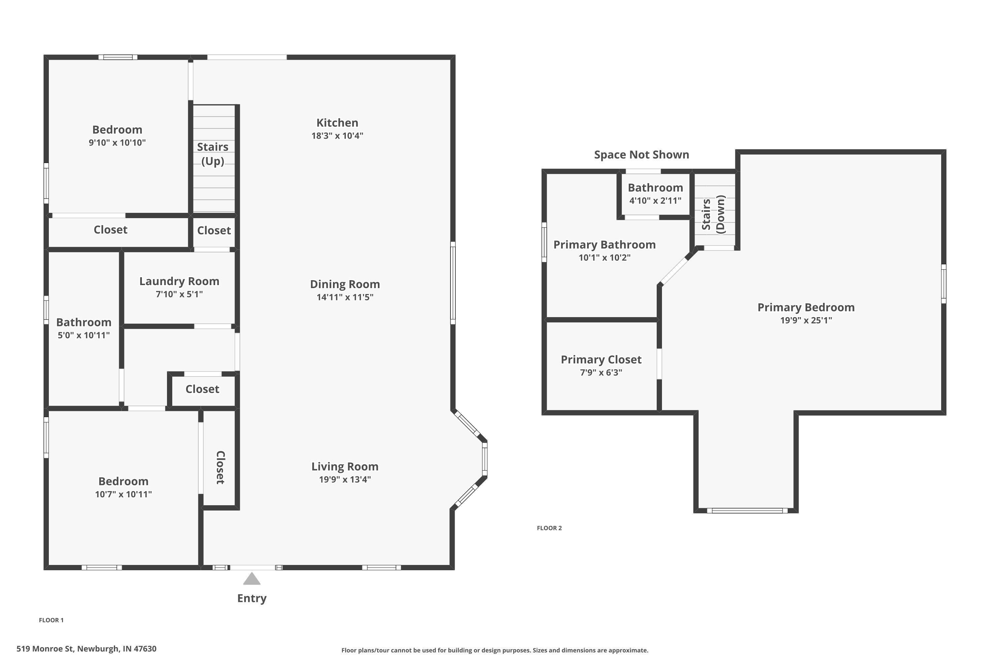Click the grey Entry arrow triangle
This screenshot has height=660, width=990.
click(x=252, y=579)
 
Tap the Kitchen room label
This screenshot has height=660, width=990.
click(x=337, y=123)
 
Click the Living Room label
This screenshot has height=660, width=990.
click(x=345, y=466)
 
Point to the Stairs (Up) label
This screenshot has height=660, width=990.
click(x=213, y=154)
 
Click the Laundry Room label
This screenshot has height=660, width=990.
click(x=179, y=281)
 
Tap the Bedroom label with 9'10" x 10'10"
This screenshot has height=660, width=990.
click(x=117, y=130)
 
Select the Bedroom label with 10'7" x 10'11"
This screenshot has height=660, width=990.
click(x=123, y=481)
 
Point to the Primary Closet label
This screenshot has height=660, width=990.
click(x=601, y=359)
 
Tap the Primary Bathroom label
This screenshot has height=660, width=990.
click(x=605, y=245)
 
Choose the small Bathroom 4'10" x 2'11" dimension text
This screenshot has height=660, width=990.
click(x=655, y=201)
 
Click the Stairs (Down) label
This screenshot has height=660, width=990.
click(x=713, y=215)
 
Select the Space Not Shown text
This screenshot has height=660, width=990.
click(x=642, y=155)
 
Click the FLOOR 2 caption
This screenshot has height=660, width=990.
click(x=549, y=528)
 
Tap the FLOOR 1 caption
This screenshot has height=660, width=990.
click(x=51, y=620)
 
